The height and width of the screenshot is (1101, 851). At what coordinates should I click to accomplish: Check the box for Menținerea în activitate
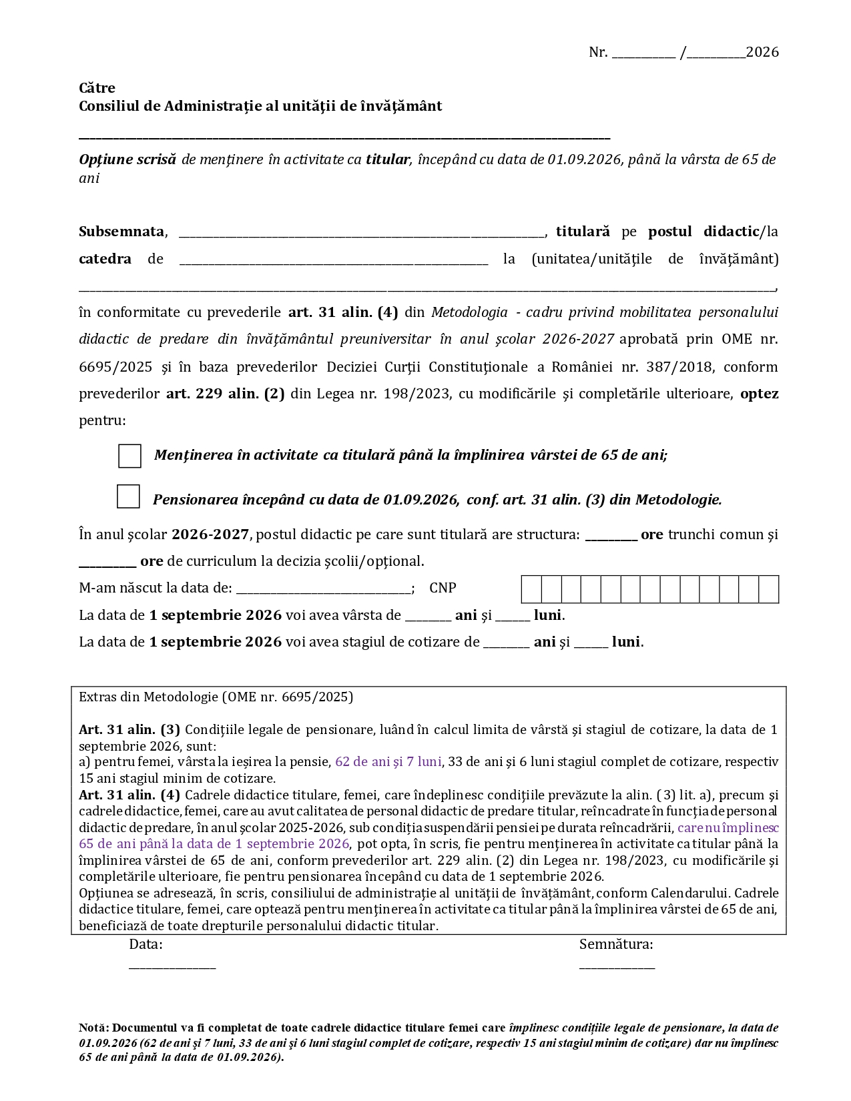pyautogui.click(x=129, y=456)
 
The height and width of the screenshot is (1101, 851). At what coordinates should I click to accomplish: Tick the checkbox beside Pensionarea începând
pyautogui.click(x=128, y=496)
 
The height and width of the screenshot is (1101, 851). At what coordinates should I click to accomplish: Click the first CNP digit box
pyautogui.click(x=531, y=590)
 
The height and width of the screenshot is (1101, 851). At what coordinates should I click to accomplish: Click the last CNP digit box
pyautogui.click(x=769, y=590)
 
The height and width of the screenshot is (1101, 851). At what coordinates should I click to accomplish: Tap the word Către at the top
pyautogui.click(x=97, y=88)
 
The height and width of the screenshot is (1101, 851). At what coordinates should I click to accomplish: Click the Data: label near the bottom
pyautogui.click(x=146, y=944)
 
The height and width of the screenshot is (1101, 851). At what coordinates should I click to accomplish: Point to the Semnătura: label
pyautogui.click(x=616, y=944)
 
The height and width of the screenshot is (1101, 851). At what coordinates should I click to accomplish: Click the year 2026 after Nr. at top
pyautogui.click(x=762, y=53)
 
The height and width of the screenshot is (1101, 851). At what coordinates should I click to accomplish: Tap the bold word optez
pyautogui.click(x=759, y=394)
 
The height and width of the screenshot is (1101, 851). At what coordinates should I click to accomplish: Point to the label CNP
pyautogui.click(x=443, y=588)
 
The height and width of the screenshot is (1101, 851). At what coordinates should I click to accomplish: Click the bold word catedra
pyautogui.click(x=105, y=259)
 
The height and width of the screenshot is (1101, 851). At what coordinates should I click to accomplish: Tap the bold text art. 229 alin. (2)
pyautogui.click(x=225, y=394)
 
